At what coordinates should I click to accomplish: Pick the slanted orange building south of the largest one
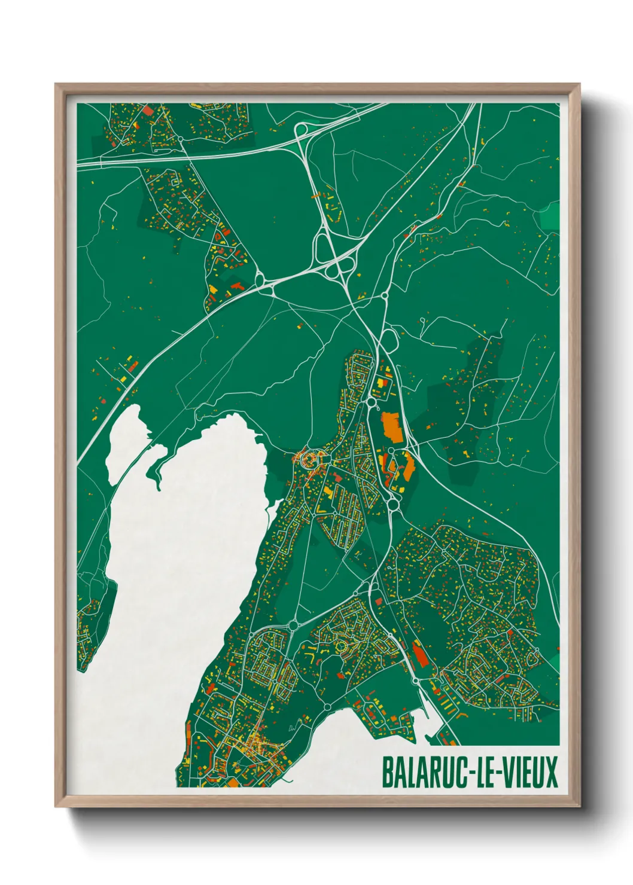coord(409,465)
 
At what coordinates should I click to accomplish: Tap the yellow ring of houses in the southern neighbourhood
coord(343,646)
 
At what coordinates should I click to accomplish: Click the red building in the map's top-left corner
coord(148,111)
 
